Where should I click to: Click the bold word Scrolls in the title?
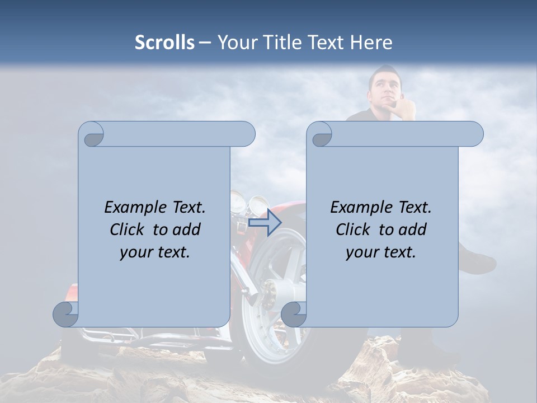[x=165, y=43]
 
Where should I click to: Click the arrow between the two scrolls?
[x=265, y=223]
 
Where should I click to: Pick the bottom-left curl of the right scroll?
[x=294, y=314]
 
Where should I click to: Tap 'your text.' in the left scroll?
[x=154, y=252]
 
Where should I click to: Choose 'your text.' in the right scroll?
[x=380, y=252]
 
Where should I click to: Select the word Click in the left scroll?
[x=128, y=229]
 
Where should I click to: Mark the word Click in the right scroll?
[x=354, y=229]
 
